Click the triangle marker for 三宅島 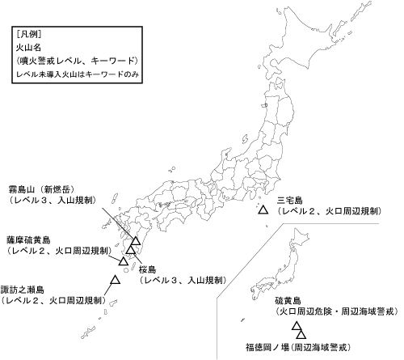coord(263,210)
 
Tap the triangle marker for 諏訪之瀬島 coord(115,280)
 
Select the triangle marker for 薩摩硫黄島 coord(124,260)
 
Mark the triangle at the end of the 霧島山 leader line coord(134,240)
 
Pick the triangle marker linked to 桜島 coord(131,250)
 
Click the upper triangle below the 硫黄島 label coord(297,327)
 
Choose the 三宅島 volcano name coord(289,200)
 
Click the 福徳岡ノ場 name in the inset coord(271,345)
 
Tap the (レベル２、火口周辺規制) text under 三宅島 coord(328,210)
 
